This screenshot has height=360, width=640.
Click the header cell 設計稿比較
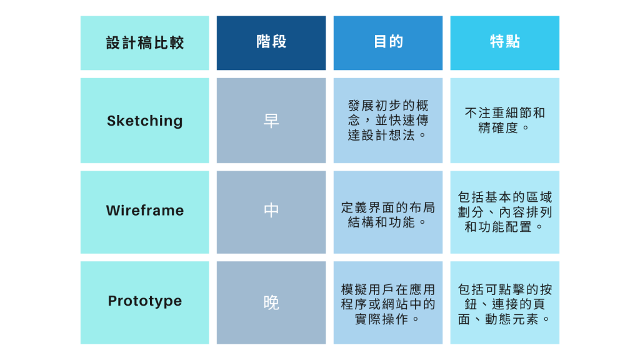pyautogui.click(x=145, y=42)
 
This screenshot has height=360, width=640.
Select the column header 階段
pyautogui.click(x=271, y=42)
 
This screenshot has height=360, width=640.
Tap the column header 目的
pyautogui.click(x=388, y=42)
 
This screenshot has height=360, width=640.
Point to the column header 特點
pyautogui.click(x=505, y=42)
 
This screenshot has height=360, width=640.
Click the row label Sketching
pyautogui.click(x=145, y=121)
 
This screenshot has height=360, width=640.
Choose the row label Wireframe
pyautogui.click(x=145, y=211)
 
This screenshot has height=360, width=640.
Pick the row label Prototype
pyautogui.click(x=145, y=301)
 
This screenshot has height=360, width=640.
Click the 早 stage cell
pyautogui.click(x=271, y=121)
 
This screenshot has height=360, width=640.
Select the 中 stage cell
pyautogui.click(x=271, y=211)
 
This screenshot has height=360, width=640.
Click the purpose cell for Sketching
pyautogui.click(x=388, y=120)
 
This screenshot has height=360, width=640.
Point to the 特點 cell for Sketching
pyautogui.click(x=505, y=120)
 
